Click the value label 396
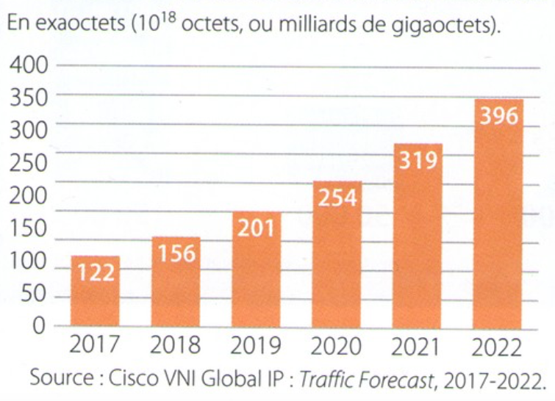498,116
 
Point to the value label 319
418,160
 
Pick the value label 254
337,198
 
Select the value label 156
176,253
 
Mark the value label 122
96,272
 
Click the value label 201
257,228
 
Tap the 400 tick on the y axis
28,65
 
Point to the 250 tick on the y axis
28,162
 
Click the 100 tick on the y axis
28,261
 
